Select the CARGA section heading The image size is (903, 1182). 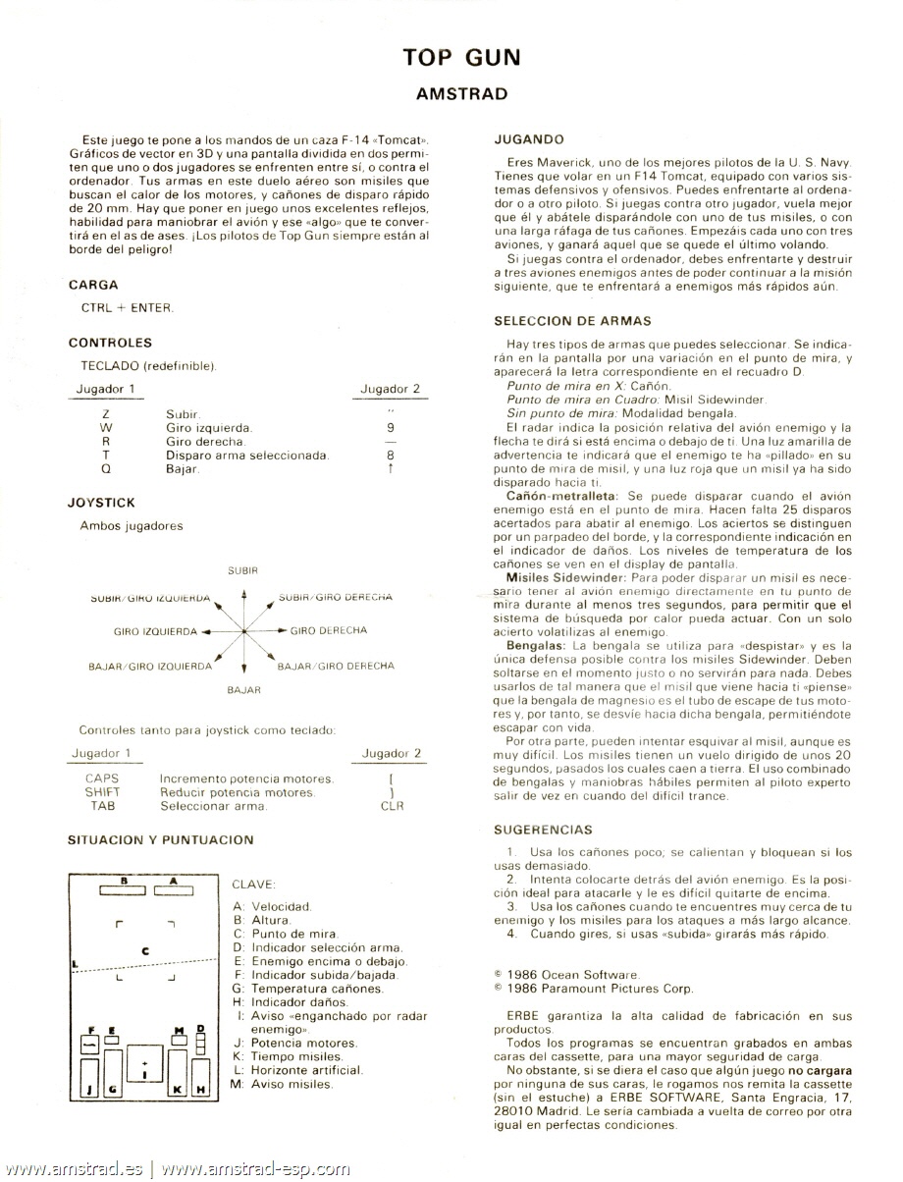tap(93, 285)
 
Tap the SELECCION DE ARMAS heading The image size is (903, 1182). tap(572, 320)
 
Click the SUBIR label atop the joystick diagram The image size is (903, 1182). tap(242, 569)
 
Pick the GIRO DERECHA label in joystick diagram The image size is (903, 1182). tap(329, 630)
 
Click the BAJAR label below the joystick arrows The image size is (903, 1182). tap(243, 690)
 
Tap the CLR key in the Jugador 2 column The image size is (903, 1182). tap(391, 806)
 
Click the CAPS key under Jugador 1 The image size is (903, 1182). tap(102, 779)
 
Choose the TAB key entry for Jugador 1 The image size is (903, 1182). tap(102, 806)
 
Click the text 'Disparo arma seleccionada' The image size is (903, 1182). tap(247, 456)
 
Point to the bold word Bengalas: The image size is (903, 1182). tap(538, 646)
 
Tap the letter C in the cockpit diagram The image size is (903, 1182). tap(145, 950)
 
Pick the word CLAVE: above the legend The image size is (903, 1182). tap(254, 884)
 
